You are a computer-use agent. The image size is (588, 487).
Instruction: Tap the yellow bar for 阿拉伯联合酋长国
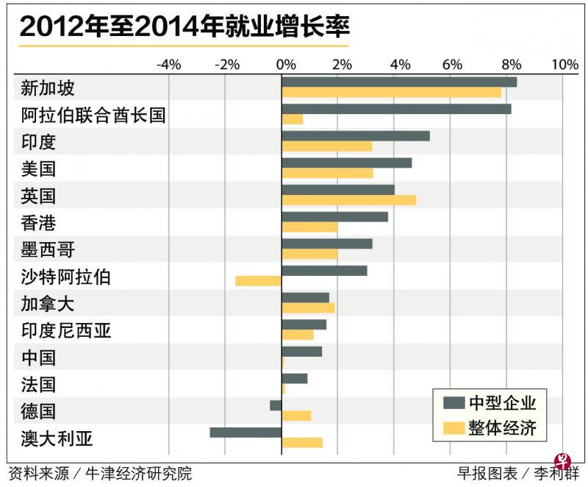293,119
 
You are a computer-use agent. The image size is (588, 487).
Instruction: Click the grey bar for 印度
356,135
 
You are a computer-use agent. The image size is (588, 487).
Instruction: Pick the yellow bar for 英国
349,200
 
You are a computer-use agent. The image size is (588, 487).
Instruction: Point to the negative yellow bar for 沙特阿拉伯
258,280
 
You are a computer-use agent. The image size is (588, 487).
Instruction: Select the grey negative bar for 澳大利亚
245,432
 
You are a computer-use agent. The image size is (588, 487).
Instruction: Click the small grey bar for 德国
276,405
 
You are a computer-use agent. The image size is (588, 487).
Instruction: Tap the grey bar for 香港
335,216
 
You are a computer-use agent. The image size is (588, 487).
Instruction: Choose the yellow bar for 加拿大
309,308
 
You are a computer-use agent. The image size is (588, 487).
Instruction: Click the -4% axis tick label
168,65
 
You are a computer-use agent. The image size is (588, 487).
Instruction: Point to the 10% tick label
564,65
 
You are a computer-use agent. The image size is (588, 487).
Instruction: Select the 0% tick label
285,65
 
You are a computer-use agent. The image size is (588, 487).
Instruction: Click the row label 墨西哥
48,249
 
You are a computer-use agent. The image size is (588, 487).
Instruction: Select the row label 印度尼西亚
66,330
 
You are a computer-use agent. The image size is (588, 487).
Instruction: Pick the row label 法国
38,384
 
